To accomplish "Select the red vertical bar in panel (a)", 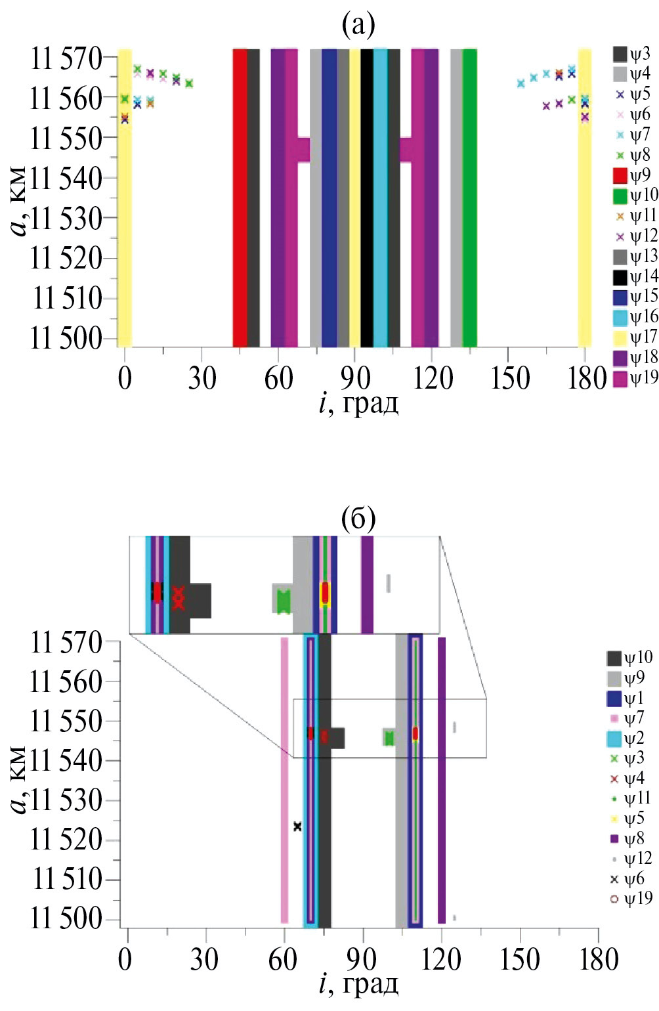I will (240, 197).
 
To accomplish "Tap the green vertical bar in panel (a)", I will (469, 197).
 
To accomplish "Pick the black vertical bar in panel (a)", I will (367, 197).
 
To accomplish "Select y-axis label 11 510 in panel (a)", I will (68, 299).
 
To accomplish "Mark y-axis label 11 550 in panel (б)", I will (66, 721).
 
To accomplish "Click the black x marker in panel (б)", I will (297, 827).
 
